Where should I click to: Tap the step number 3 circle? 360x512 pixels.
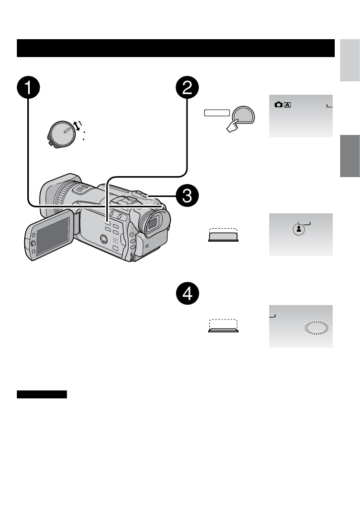click(x=187, y=196)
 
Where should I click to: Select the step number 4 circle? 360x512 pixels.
click(x=187, y=295)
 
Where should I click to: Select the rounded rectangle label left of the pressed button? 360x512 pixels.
click(x=217, y=114)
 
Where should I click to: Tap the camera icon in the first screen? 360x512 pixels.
click(x=278, y=105)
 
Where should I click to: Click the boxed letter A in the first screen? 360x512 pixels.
click(x=288, y=105)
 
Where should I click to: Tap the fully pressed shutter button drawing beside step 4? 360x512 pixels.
click(x=223, y=328)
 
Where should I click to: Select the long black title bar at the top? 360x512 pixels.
click(x=176, y=48)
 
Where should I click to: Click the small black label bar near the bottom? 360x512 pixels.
click(x=42, y=394)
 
